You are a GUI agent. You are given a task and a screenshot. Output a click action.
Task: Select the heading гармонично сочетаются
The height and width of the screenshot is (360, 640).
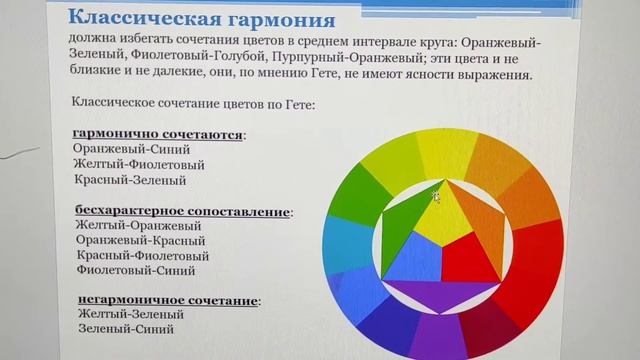pyautogui.click(x=159, y=134)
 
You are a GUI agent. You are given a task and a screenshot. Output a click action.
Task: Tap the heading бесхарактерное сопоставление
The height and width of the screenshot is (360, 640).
pyautogui.click(x=183, y=212)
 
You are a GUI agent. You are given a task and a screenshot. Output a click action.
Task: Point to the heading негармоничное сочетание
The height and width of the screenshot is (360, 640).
pyautogui.click(x=167, y=300)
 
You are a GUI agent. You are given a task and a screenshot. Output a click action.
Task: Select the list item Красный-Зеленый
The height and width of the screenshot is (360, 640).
pyautogui.click(x=130, y=180)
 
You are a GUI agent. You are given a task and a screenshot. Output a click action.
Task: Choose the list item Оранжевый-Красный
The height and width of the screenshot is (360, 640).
pyautogui.click(x=139, y=241)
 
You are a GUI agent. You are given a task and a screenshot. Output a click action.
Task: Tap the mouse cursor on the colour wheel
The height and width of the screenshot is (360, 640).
pyautogui.click(x=437, y=196)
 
